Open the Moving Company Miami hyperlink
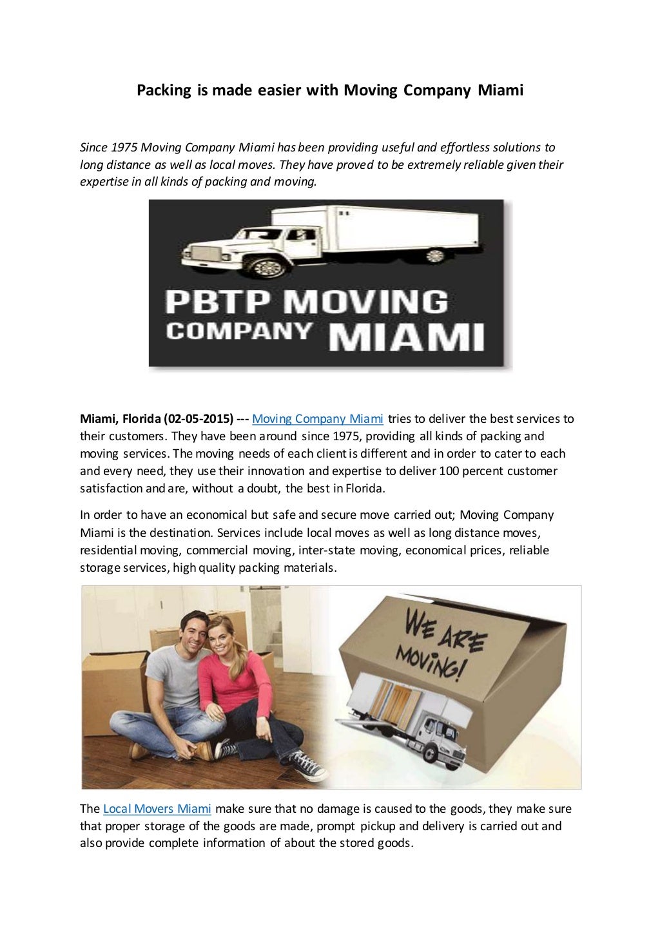[318, 419]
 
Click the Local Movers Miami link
[157, 809]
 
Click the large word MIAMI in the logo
[407, 336]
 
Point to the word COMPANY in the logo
[239, 331]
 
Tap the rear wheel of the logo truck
[436, 255]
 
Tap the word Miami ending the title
[500, 90]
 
